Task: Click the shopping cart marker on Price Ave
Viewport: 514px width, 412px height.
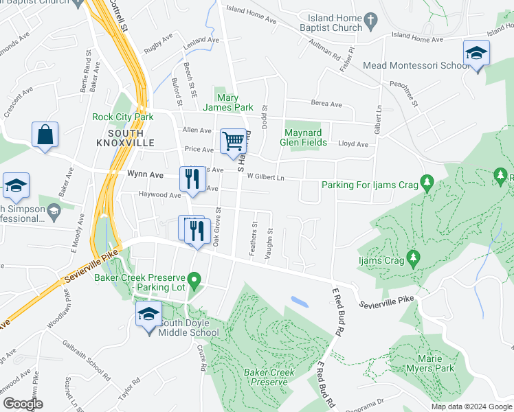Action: click(234, 142)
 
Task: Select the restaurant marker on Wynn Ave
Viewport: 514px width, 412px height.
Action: click(192, 179)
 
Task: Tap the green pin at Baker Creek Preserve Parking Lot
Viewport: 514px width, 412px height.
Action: click(194, 279)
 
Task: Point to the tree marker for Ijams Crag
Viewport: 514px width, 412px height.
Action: click(413, 257)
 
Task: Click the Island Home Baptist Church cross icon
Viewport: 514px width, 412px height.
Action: click(371, 22)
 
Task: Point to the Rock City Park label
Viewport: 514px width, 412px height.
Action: click(122, 117)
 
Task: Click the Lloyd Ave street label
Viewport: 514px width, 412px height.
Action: click(353, 144)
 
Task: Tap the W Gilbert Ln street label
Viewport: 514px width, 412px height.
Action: click(265, 176)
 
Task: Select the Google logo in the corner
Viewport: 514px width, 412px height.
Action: click(23, 404)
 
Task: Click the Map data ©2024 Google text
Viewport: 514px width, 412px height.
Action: click(471, 407)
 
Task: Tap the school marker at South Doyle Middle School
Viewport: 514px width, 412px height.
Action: click(148, 315)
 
